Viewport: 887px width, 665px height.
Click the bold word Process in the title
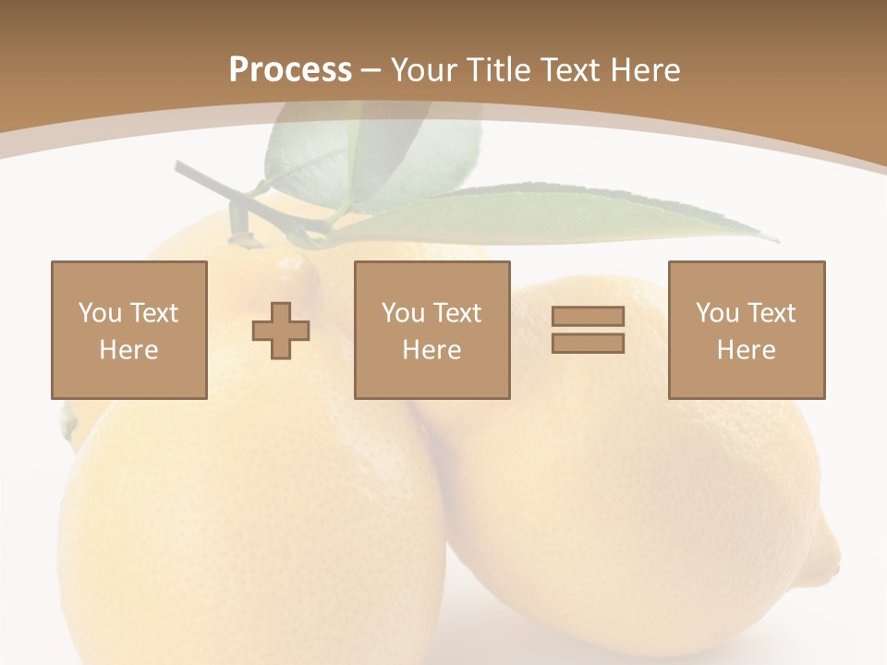pyautogui.click(x=290, y=70)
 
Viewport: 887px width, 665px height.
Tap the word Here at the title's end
pyautogui.click(x=643, y=70)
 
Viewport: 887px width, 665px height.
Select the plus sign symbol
pyautogui.click(x=281, y=331)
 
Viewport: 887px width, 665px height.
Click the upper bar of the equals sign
pyautogui.click(x=588, y=317)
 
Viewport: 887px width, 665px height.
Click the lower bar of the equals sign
pyautogui.click(x=588, y=344)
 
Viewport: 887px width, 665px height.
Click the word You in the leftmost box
pyautogui.click(x=100, y=313)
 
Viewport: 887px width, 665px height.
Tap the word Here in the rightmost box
pyautogui.click(x=746, y=350)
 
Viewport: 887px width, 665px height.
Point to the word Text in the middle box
pyautogui.click(x=456, y=313)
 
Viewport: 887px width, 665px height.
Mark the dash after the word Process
pyautogui.click(x=371, y=70)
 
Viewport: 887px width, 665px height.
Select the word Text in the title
pyautogui.click(x=567, y=70)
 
